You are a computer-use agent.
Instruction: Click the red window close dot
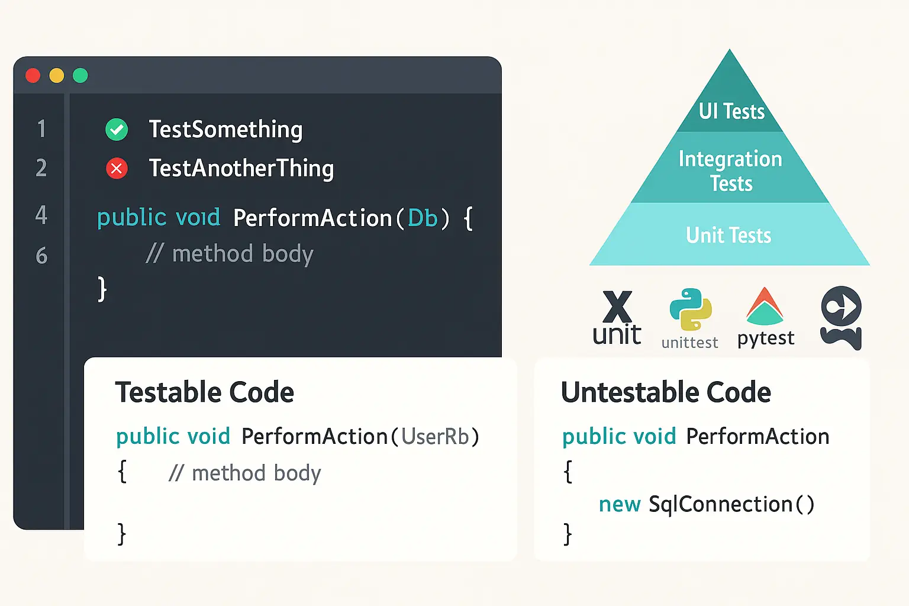point(33,76)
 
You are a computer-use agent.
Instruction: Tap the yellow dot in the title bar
point(57,76)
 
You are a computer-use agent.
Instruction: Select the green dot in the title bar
point(80,76)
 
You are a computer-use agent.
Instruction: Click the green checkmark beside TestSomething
point(117,130)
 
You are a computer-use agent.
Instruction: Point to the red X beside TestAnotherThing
point(117,169)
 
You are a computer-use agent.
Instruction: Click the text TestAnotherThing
point(241,169)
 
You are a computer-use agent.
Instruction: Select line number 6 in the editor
point(41,256)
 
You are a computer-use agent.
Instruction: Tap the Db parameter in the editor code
point(423,218)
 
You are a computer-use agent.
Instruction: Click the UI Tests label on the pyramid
point(731,111)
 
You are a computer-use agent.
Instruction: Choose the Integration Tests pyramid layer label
point(730,171)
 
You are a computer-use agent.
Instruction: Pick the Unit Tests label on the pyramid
point(729,236)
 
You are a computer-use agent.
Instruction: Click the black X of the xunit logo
point(617,307)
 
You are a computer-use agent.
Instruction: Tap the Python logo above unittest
point(691,309)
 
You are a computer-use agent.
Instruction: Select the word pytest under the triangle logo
point(765,339)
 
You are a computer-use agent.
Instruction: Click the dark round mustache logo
point(841,317)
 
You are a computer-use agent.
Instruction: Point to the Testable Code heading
point(204,392)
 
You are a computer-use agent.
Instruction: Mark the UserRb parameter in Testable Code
point(435,437)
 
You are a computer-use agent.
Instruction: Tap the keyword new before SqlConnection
point(620,504)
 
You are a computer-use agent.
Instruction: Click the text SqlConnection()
point(731,504)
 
